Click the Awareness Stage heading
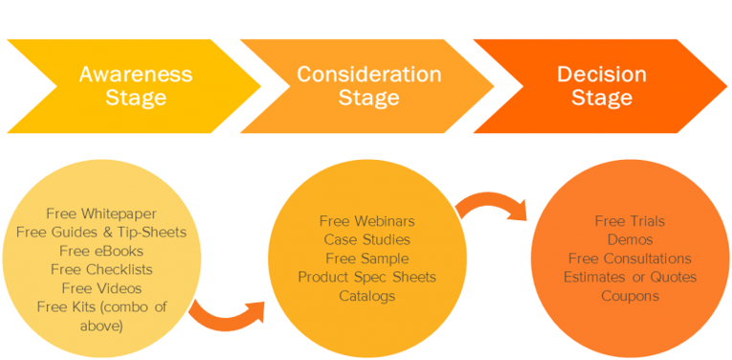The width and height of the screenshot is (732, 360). (x=135, y=85)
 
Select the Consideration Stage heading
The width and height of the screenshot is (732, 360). (x=368, y=85)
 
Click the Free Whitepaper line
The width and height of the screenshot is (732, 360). (x=100, y=214)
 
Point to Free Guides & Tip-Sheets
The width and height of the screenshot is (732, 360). (x=100, y=233)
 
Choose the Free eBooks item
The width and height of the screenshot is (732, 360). (x=100, y=251)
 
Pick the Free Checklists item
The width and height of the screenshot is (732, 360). (x=100, y=269)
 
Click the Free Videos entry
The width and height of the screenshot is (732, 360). (x=100, y=288)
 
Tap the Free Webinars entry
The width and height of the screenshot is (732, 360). (x=366, y=221)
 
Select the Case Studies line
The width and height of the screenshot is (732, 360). (x=366, y=239)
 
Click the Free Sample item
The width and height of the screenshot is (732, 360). (x=366, y=259)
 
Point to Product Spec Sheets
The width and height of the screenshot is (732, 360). (x=366, y=277)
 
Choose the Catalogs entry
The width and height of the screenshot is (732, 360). (x=366, y=296)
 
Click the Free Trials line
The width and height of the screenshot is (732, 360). (x=630, y=221)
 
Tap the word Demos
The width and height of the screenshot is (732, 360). (x=630, y=239)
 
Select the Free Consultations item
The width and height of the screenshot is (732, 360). (x=630, y=259)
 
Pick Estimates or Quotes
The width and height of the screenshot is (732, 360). (x=630, y=277)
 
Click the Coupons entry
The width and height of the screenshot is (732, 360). (x=630, y=296)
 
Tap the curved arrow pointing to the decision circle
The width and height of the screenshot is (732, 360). (x=493, y=199)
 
